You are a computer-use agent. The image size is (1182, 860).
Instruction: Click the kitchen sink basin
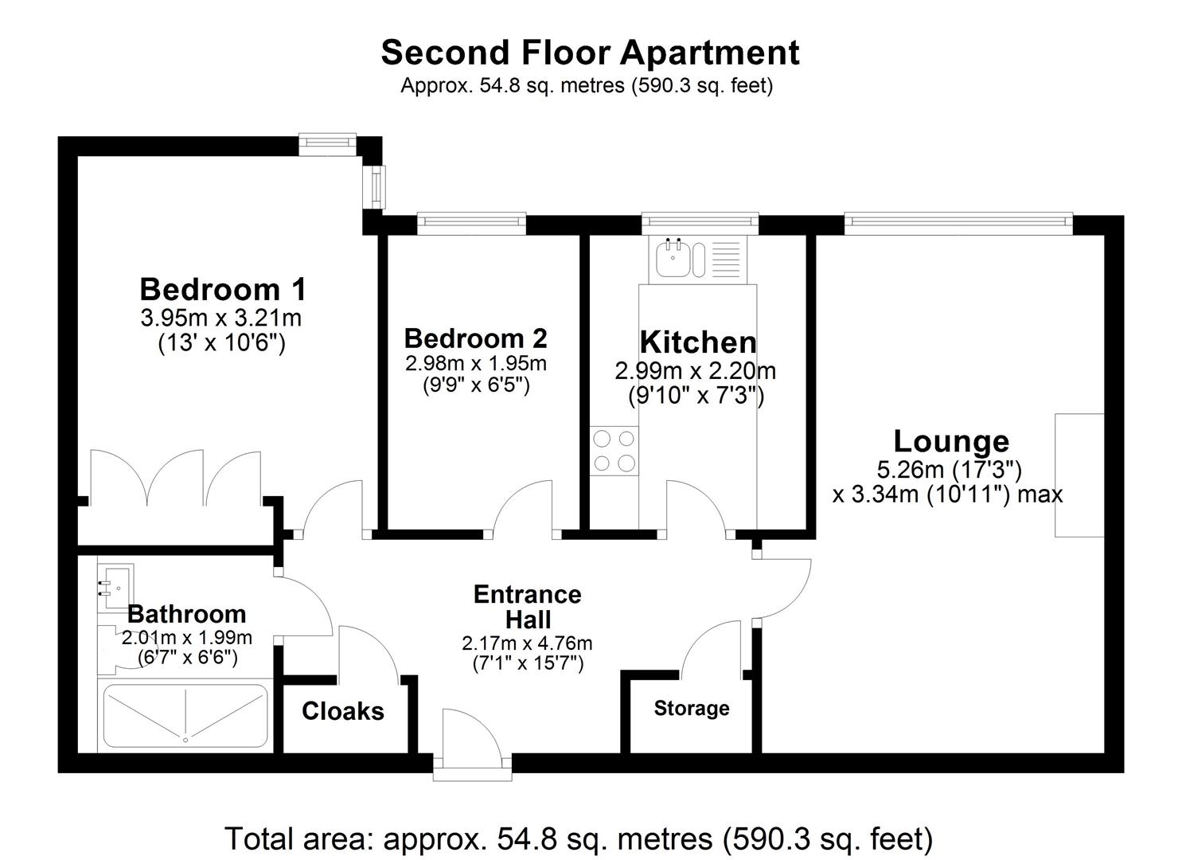[673, 259]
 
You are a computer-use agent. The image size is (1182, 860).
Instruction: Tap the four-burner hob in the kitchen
[614, 451]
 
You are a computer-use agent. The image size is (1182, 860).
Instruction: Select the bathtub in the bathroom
[185, 717]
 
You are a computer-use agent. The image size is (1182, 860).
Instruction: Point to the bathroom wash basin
[115, 587]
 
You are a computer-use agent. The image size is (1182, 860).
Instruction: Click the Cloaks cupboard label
[343, 711]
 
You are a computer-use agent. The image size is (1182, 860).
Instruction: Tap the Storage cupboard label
[691, 709]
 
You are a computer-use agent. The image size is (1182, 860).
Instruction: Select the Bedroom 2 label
[475, 338]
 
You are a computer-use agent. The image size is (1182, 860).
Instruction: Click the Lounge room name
[951, 441]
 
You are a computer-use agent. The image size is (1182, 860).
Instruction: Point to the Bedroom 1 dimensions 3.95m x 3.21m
[220, 319]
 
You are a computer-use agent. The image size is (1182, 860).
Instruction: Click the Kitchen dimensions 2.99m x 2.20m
[695, 371]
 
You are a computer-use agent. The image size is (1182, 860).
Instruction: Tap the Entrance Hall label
[528, 607]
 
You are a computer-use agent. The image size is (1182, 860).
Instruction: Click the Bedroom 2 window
[471, 223]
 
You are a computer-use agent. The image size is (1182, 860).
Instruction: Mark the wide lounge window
[958, 223]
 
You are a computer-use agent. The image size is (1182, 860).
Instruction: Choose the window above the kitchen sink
[700, 223]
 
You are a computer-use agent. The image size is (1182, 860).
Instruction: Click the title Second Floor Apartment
[590, 53]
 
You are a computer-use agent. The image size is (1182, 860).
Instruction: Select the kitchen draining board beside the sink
[729, 260]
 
